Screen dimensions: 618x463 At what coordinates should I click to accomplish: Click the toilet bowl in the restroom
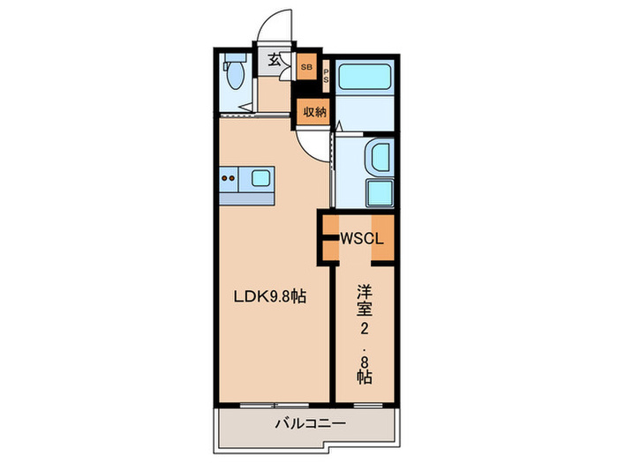click(236, 76)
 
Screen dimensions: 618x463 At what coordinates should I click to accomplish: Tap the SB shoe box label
click(306, 67)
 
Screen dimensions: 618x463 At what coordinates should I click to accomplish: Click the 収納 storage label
click(314, 112)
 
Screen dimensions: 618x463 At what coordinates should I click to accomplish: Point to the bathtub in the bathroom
click(365, 78)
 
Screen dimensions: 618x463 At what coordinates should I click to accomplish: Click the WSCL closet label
click(361, 239)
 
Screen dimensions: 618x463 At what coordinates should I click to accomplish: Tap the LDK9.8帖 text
click(270, 296)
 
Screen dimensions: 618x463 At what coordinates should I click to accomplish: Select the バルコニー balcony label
click(310, 423)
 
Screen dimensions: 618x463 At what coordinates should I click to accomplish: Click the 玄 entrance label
click(275, 60)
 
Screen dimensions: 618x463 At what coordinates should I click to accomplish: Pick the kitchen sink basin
click(260, 178)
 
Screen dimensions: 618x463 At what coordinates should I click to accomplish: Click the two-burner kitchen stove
click(229, 178)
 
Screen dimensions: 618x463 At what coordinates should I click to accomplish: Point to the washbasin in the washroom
click(379, 157)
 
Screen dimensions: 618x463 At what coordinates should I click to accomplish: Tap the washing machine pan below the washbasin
click(380, 193)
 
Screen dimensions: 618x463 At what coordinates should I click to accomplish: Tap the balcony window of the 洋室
click(368, 405)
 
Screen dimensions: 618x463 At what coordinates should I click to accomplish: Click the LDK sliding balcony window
click(275, 405)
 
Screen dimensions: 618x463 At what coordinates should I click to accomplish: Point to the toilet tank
click(236, 58)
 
